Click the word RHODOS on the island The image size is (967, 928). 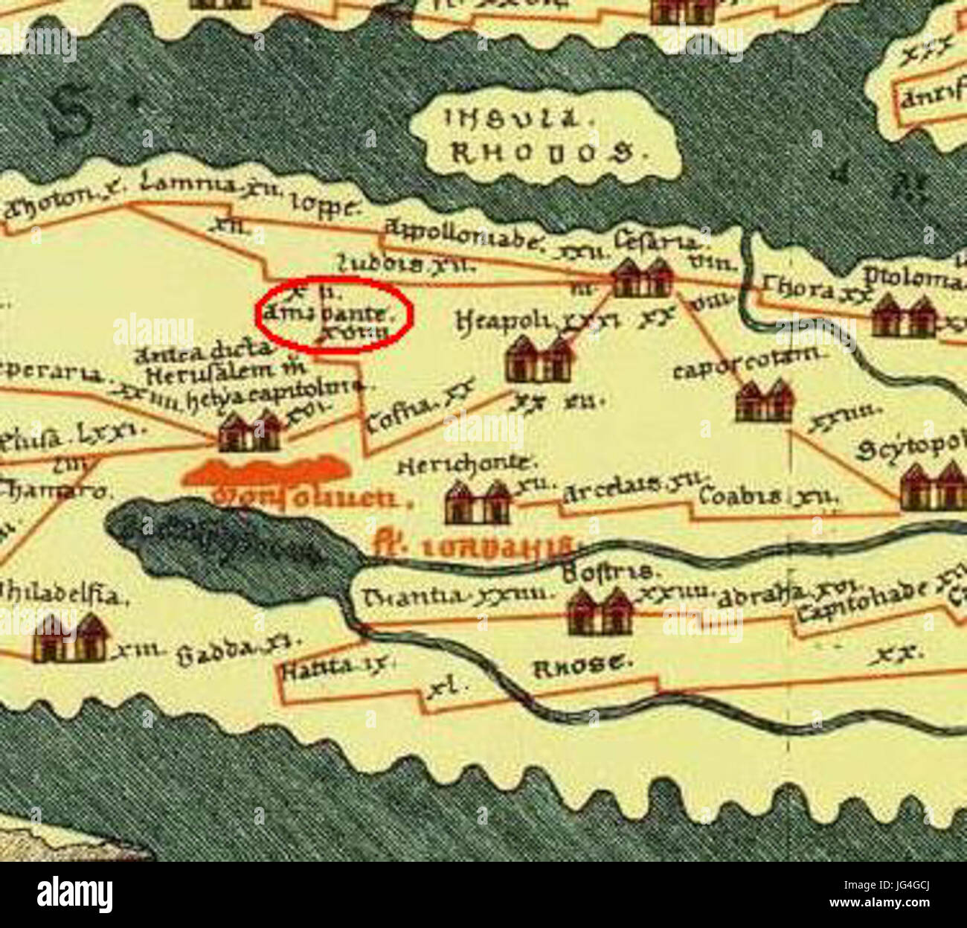coord(543,153)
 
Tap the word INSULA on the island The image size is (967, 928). coord(510,119)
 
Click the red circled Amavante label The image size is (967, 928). coord(334,315)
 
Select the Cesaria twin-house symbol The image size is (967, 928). coord(642,278)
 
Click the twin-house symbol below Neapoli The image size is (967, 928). coord(539,359)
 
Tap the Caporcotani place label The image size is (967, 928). coord(747,365)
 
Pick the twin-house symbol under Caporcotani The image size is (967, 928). coord(764,402)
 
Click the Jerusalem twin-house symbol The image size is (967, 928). coord(249,432)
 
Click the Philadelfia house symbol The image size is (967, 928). coord(70,639)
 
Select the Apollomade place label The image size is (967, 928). coord(464,235)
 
